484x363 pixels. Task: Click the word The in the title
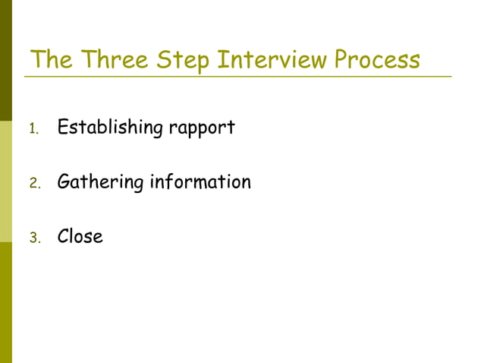[x=51, y=59]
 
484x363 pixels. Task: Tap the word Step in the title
[x=184, y=60]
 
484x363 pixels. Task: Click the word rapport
[x=201, y=128]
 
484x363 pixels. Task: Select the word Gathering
[x=100, y=183]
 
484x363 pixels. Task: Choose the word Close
[x=80, y=236]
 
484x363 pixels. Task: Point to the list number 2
[x=33, y=184]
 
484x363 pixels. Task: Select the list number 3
[x=33, y=238]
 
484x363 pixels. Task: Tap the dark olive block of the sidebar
[x=6, y=61]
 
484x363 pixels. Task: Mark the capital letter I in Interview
[x=221, y=59]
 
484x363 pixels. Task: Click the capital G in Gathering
[x=64, y=182]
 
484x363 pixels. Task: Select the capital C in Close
[x=64, y=236]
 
